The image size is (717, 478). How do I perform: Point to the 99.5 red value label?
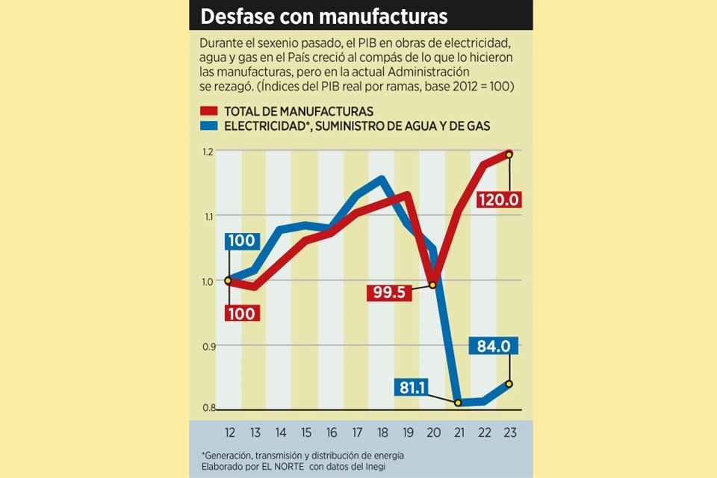(x=389, y=293)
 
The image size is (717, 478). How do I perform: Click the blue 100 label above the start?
(x=241, y=241)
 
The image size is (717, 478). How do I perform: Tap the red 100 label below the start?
(x=241, y=314)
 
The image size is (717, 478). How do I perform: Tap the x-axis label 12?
(x=229, y=432)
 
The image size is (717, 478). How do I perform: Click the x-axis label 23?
(x=509, y=432)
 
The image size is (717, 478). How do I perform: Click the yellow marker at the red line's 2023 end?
(x=509, y=155)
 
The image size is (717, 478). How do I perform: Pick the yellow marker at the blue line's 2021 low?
(x=458, y=403)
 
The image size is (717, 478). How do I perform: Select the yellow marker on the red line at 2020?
(x=432, y=285)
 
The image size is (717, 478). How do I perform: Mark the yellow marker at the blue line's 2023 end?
(x=509, y=384)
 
